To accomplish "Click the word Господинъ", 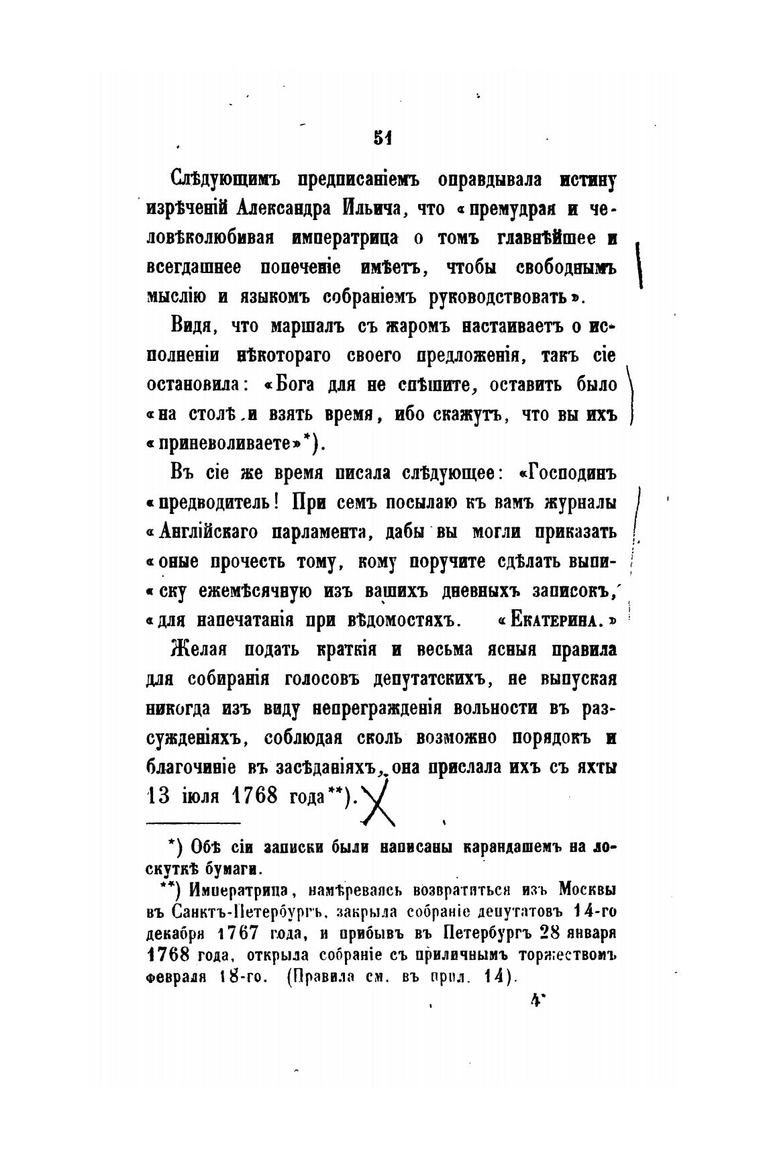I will (x=572, y=472).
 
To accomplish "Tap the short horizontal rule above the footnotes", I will (x=193, y=823).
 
